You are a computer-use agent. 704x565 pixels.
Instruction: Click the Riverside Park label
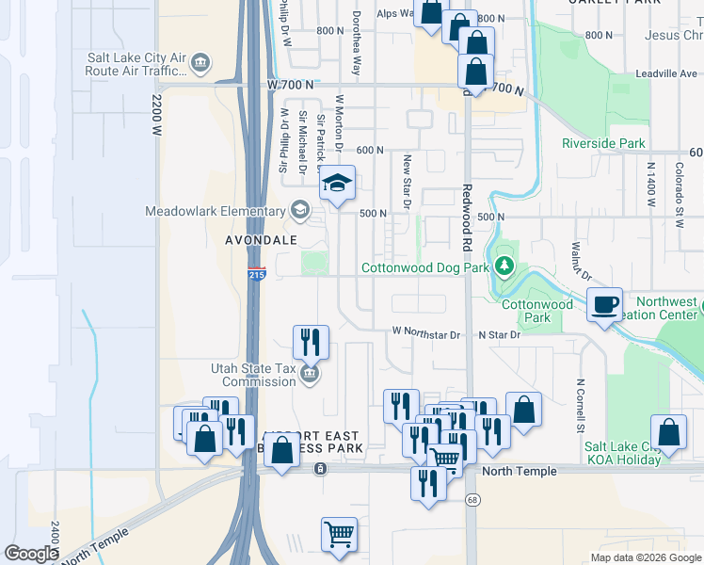[603, 144]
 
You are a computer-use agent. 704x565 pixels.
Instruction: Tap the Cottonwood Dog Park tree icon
[505, 267]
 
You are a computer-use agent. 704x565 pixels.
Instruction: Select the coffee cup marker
[605, 305]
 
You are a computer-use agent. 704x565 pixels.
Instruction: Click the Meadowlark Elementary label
[215, 211]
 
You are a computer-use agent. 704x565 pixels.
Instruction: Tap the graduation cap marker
[337, 184]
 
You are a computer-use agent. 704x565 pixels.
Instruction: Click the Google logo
[31, 554]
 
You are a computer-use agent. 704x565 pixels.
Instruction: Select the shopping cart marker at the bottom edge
[339, 535]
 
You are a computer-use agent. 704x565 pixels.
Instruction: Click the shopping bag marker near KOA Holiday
[668, 433]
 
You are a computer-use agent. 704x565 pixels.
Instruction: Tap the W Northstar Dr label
[425, 334]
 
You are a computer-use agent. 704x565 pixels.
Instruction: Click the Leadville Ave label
[666, 73]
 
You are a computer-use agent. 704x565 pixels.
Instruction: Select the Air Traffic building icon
[200, 63]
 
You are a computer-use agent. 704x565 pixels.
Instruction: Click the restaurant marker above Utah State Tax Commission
[311, 342]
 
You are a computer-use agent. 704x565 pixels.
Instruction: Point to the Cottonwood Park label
[536, 312]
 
